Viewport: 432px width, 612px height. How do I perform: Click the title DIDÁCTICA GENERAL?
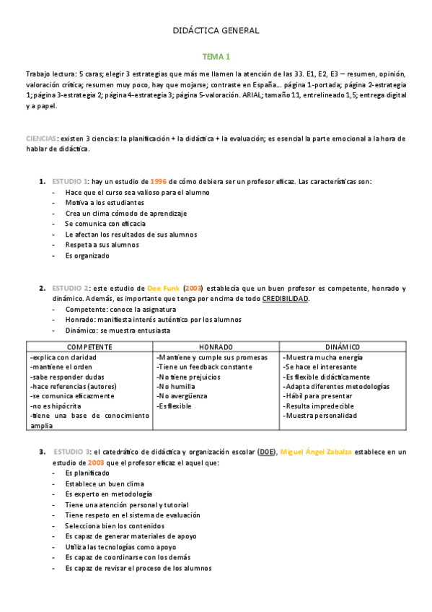click(x=216, y=31)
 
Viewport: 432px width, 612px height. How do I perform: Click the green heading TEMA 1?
click(x=216, y=56)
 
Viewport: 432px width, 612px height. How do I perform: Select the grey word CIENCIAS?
click(x=40, y=138)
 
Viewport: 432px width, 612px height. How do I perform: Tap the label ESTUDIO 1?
click(x=69, y=181)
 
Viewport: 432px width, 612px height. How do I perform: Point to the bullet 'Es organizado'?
click(x=87, y=255)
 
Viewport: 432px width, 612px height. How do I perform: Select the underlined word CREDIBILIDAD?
click(x=285, y=298)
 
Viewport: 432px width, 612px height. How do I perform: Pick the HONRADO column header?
click(x=216, y=346)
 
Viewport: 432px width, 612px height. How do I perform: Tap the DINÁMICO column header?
click(x=342, y=346)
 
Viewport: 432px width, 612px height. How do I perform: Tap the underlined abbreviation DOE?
click(x=265, y=452)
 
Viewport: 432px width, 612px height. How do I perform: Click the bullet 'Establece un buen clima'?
click(x=104, y=484)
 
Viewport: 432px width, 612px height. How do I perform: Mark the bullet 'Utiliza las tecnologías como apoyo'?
click(x=120, y=547)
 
